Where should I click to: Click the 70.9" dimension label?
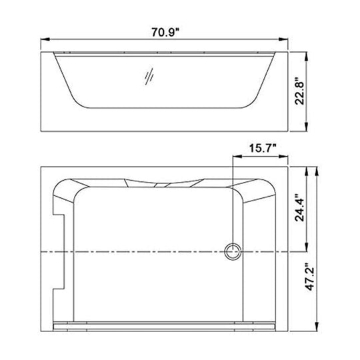click(165, 32)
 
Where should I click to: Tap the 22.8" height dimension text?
click(299, 91)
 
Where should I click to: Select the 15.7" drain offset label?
click(263, 148)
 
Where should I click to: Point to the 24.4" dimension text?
click(299, 207)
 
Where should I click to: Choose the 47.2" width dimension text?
click(310, 277)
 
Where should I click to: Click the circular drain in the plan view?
click(233, 251)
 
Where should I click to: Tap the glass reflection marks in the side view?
click(149, 77)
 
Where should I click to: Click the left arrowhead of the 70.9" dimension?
click(45, 39)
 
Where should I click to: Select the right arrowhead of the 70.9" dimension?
click(283, 39)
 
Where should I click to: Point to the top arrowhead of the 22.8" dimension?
click(306, 57)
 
